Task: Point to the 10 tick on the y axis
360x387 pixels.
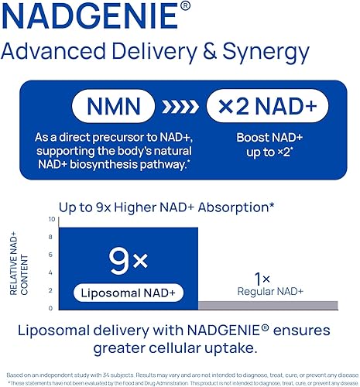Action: point(51,219)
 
